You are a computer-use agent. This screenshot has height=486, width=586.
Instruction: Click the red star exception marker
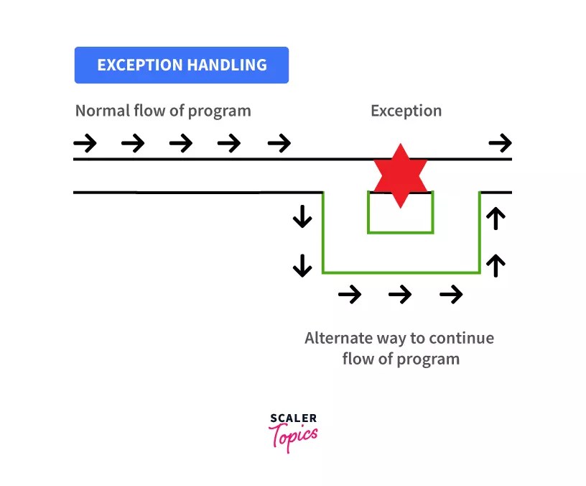pos(400,175)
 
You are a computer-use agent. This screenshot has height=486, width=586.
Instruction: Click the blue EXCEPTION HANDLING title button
pos(182,65)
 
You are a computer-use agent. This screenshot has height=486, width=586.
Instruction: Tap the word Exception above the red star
pos(406,111)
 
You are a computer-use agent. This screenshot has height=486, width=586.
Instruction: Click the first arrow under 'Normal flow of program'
pos(85,143)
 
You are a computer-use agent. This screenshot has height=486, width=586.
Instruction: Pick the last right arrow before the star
pos(279,143)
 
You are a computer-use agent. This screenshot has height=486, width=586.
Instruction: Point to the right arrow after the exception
pos(500,143)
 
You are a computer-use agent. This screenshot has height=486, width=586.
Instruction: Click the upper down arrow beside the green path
pos(302,216)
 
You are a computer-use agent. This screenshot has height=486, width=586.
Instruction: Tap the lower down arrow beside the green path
pos(302,265)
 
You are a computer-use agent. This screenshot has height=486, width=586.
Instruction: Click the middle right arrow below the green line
pos(400,294)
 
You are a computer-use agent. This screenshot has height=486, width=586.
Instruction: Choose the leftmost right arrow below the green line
pos(350,294)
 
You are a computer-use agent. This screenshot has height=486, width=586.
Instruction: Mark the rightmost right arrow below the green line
pos(451,294)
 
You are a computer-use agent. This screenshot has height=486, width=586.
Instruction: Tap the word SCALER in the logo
pos(293,418)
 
